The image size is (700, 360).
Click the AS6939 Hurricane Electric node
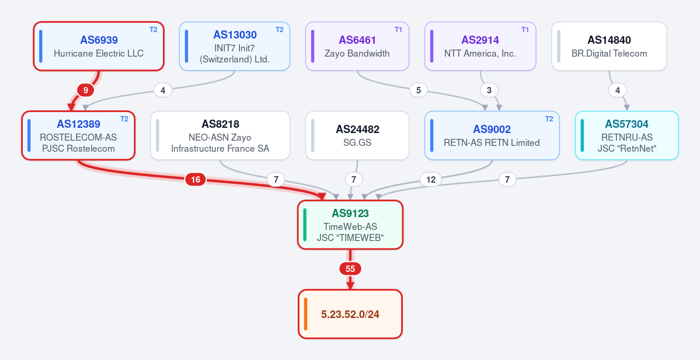click(99, 47)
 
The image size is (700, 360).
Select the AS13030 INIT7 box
click(234, 47)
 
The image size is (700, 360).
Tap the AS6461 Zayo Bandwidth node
click(357, 47)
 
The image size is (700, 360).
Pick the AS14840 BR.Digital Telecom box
click(609, 47)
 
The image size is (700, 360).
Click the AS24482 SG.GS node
click(357, 135)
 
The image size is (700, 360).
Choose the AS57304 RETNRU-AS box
click(627, 135)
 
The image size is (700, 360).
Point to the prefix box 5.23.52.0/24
click(350, 314)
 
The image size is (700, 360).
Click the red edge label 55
click(350, 269)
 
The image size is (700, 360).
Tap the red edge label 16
click(196, 180)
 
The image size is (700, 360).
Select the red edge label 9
click(86, 90)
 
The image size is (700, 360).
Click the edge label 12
click(431, 180)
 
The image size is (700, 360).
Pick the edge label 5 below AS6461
click(418, 90)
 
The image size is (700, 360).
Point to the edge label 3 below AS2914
click(489, 90)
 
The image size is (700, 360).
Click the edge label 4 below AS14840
click(618, 90)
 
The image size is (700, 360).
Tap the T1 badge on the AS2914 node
click(525, 30)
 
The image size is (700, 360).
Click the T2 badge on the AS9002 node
click(549, 119)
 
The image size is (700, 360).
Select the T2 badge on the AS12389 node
click(124, 119)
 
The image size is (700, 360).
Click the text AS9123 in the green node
click(350, 214)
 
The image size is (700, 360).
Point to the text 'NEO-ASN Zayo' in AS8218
click(220, 137)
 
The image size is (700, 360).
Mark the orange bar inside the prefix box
click(305, 314)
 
